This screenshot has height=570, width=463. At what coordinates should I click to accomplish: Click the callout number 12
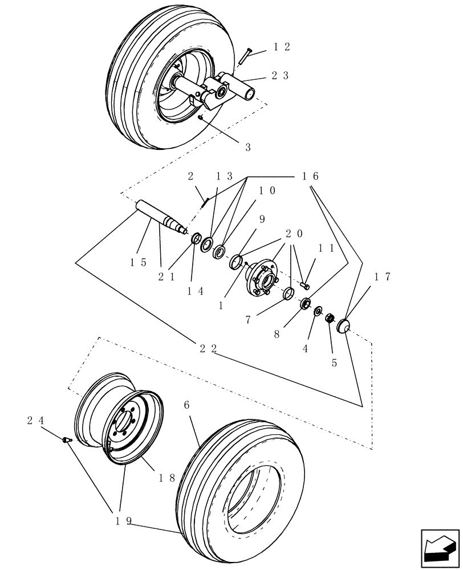click(x=281, y=47)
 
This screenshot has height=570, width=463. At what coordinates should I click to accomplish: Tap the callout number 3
click(x=248, y=147)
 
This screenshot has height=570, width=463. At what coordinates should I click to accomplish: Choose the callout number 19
click(x=124, y=520)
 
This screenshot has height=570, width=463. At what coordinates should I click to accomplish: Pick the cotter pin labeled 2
click(x=206, y=202)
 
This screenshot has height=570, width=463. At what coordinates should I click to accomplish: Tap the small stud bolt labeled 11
click(x=304, y=284)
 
